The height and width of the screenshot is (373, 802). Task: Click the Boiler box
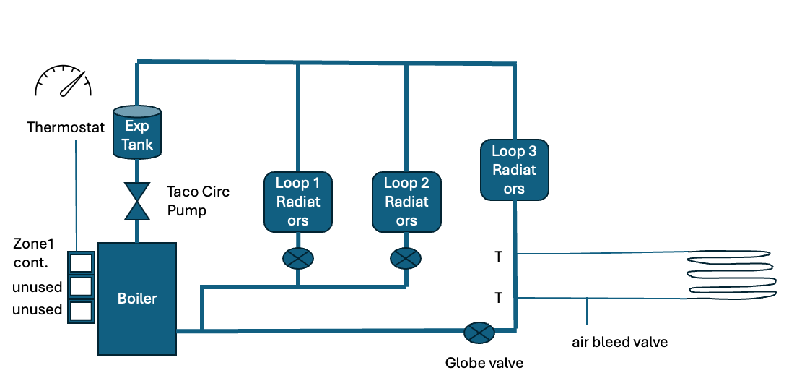(x=137, y=298)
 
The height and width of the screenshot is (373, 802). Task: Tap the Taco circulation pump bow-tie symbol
(x=137, y=201)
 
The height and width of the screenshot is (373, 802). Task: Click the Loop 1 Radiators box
(x=298, y=202)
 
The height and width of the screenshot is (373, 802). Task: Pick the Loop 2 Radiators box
(x=406, y=202)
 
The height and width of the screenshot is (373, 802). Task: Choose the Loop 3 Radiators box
(x=515, y=170)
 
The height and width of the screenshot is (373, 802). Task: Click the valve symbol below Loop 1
(x=298, y=258)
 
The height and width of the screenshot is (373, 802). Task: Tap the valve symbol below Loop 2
(x=406, y=258)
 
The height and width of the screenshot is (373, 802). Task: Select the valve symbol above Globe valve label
(x=477, y=333)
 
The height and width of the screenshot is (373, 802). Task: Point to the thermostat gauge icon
(x=64, y=81)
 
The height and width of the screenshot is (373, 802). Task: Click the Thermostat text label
(x=66, y=128)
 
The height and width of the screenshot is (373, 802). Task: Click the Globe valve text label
(x=484, y=362)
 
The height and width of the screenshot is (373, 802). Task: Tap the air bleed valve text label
(x=620, y=342)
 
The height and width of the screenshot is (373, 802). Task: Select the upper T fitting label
(x=498, y=256)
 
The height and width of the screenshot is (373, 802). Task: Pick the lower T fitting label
(x=498, y=297)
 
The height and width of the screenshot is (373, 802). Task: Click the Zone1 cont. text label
(x=33, y=252)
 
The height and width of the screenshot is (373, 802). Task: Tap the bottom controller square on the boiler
(x=80, y=311)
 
